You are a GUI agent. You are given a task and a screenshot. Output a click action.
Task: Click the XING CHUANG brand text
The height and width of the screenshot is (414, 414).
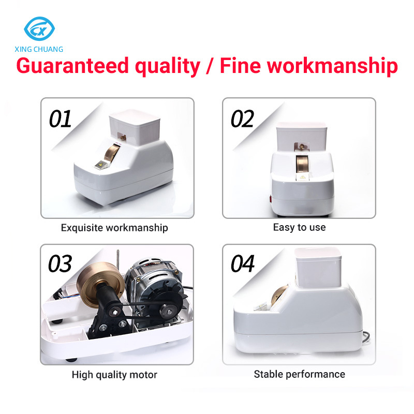[39, 49]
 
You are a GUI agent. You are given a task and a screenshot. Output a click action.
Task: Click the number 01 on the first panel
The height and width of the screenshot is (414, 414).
[60, 120]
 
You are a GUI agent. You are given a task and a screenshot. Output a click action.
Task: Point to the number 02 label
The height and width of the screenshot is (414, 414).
[242, 119]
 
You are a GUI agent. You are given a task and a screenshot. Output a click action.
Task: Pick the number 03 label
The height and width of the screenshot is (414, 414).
[60, 264]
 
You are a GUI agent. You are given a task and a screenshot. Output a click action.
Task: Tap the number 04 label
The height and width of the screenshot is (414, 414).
[243, 264]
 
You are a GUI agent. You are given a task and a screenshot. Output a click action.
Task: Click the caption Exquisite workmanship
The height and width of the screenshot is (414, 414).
[114, 227]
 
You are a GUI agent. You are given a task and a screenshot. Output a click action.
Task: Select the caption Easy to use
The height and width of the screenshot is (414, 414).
[299, 227]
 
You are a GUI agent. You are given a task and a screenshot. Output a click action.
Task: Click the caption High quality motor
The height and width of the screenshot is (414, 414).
[114, 374]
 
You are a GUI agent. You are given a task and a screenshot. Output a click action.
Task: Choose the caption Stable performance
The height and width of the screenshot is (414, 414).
[299, 374]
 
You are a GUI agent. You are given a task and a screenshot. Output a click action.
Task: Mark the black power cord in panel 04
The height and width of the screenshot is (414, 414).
[366, 338]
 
